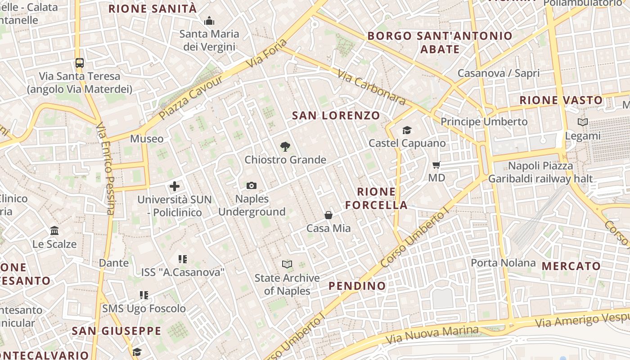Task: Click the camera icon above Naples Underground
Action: pos(252,185)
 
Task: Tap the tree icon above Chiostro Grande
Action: pos(285,146)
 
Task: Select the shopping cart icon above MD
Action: pos(436,165)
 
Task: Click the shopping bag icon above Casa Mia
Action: pos(328,215)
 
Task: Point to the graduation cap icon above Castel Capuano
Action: pos(407,130)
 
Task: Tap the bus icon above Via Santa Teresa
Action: pos(80,63)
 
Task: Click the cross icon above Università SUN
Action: pos(175,186)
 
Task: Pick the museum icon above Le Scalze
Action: pos(54,231)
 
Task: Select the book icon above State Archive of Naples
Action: pos(287,264)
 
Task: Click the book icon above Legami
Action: pos(583,122)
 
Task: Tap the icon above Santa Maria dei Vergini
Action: pos(209,21)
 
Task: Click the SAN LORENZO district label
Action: pos(336,116)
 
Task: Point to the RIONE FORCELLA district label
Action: pos(376,198)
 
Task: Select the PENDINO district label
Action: pos(357,286)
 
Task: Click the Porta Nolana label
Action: pos(503,263)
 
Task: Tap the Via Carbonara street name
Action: pos(371,88)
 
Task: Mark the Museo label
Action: pos(147,139)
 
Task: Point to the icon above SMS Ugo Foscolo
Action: pos(144,295)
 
